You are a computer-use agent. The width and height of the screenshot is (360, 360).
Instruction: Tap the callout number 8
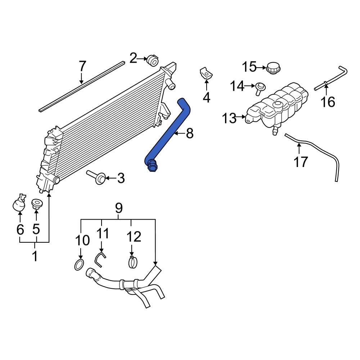click(x=189, y=134)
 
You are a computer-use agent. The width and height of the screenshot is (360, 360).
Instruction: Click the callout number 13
click(x=229, y=118)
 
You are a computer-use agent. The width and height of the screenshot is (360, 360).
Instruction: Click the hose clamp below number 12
click(x=133, y=262)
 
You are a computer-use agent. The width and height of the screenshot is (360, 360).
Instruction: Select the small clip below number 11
click(x=100, y=258)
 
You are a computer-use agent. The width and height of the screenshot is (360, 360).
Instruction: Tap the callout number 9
click(x=118, y=208)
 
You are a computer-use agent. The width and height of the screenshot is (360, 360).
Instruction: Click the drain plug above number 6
click(x=19, y=203)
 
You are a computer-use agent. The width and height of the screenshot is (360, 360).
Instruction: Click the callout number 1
click(x=35, y=257)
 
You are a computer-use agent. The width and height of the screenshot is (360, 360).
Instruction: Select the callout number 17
click(x=301, y=162)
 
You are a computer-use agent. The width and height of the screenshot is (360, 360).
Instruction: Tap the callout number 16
click(x=328, y=102)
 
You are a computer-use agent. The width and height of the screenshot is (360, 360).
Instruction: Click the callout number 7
click(x=82, y=66)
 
